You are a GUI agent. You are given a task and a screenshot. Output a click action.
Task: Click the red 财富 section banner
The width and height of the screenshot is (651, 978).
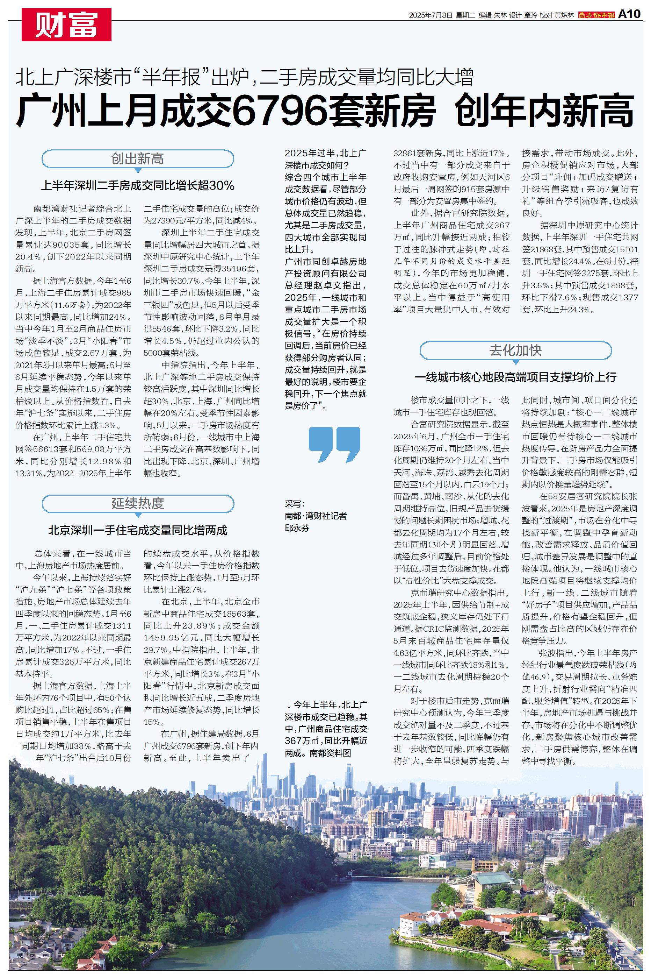tap(66, 24)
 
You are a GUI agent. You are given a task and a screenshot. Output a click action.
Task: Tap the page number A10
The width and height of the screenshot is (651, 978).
tap(629, 14)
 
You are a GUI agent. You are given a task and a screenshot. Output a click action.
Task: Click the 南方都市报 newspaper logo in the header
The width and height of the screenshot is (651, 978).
tap(596, 15)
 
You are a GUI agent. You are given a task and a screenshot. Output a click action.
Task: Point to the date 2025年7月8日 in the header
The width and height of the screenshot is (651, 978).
tap(430, 15)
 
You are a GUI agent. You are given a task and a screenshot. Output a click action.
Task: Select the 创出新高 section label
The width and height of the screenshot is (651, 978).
tap(137, 159)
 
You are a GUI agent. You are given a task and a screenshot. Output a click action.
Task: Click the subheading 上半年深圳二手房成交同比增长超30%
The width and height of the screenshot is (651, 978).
tap(137, 185)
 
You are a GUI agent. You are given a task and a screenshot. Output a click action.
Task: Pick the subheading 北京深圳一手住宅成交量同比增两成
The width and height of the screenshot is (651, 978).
tap(137, 530)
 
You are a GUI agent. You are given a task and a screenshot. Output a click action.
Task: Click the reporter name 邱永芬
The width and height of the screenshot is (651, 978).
tap(297, 528)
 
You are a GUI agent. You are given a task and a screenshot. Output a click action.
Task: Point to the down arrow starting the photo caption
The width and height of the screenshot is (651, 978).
tap(289, 704)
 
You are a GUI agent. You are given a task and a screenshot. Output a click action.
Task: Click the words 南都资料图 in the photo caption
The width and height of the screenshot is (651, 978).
tap(330, 753)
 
